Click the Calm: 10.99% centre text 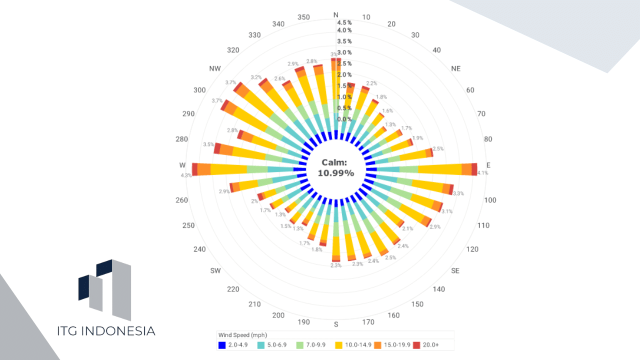[x=336, y=168]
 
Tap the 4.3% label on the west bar [x=186, y=175]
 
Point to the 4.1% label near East [x=482, y=173]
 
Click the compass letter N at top [x=336, y=15]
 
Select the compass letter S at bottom [x=336, y=324]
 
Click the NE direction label [x=455, y=68]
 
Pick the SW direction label [x=215, y=271]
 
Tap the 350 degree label [x=303, y=17]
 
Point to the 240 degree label [x=199, y=249]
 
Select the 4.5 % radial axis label [x=344, y=22]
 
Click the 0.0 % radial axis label [x=344, y=119]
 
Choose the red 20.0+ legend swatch [x=416, y=345]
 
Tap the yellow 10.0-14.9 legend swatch [x=339, y=345]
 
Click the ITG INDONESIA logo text [x=106, y=331]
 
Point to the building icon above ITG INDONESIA [x=105, y=288]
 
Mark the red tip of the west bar [x=194, y=169]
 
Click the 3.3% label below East [x=458, y=193]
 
